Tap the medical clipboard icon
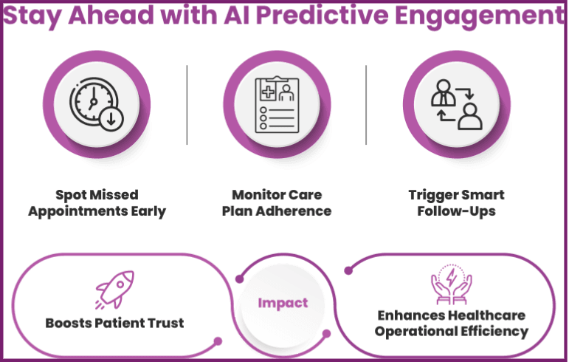pos(275,106)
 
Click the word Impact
pos(283,304)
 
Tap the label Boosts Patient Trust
pos(114,323)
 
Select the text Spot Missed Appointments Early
pos(97,203)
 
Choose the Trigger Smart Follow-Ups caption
pos(456,203)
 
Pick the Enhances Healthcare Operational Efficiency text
pos(451,324)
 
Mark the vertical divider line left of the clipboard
pos(187,105)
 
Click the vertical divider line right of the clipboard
pos(367,105)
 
